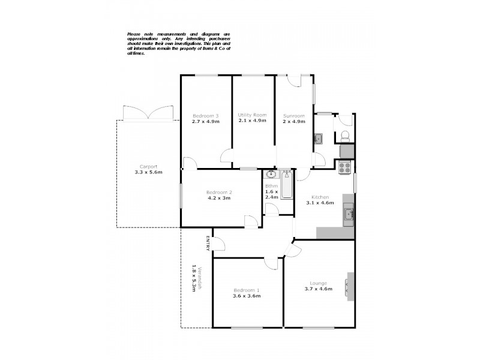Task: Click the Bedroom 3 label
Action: (x=205, y=115)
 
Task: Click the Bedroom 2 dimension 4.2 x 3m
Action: (x=220, y=198)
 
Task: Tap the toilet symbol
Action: (x=345, y=135)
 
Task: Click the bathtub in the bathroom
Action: (x=286, y=187)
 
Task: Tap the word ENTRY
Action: (x=208, y=243)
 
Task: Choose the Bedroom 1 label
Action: (x=246, y=290)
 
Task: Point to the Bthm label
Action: (x=271, y=186)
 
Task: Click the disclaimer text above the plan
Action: (x=178, y=44)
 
